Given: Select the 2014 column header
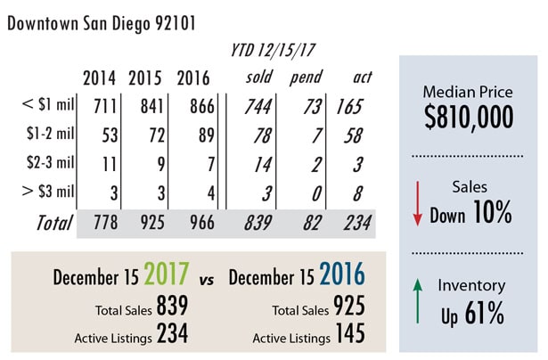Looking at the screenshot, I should (98, 77).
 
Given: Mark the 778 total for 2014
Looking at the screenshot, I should (98, 223).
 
